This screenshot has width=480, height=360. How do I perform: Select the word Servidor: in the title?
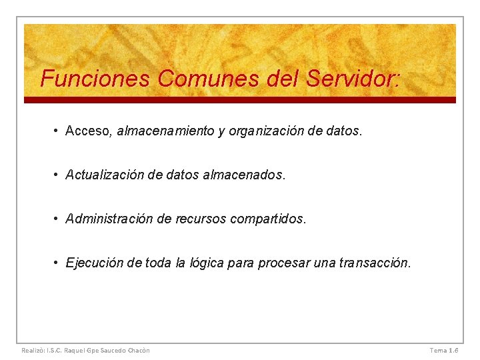(353, 79)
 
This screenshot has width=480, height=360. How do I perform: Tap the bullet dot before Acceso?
(58, 131)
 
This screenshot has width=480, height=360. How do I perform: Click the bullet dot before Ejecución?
(58, 263)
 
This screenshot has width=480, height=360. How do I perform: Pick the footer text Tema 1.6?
(444, 350)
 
